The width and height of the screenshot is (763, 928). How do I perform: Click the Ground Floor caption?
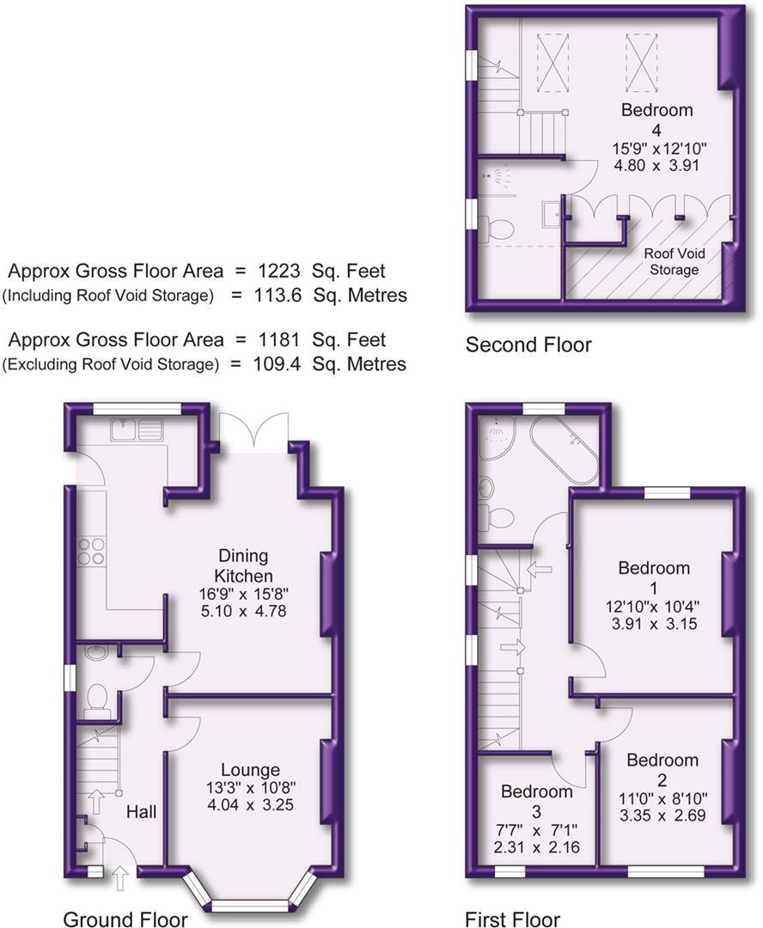click(x=125, y=919)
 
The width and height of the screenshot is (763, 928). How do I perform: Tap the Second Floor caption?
click(x=528, y=345)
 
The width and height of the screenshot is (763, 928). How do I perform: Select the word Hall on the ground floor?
click(x=142, y=811)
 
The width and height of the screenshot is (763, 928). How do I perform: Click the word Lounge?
click(x=249, y=770)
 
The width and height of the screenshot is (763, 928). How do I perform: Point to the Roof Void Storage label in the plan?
click(x=673, y=262)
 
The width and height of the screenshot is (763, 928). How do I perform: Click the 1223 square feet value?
click(x=279, y=272)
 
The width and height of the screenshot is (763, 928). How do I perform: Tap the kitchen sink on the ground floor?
click(x=138, y=428)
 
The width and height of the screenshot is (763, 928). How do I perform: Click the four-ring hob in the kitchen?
click(x=91, y=550)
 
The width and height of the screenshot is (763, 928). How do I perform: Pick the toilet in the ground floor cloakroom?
click(x=98, y=698)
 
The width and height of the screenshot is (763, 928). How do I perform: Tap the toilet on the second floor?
click(x=498, y=229)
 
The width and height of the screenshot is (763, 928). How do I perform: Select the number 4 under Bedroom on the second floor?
click(x=656, y=130)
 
